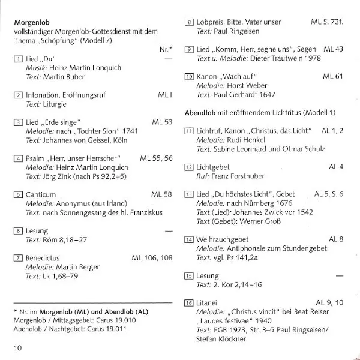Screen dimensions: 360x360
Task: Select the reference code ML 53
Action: coord(162,122)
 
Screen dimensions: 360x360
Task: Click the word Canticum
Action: coord(41,194)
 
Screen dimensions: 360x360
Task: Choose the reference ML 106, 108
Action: coord(152,257)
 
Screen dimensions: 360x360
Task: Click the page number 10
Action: coord(17,347)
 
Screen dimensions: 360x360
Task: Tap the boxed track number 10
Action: coord(189,77)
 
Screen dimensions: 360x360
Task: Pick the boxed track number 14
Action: coord(189,240)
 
